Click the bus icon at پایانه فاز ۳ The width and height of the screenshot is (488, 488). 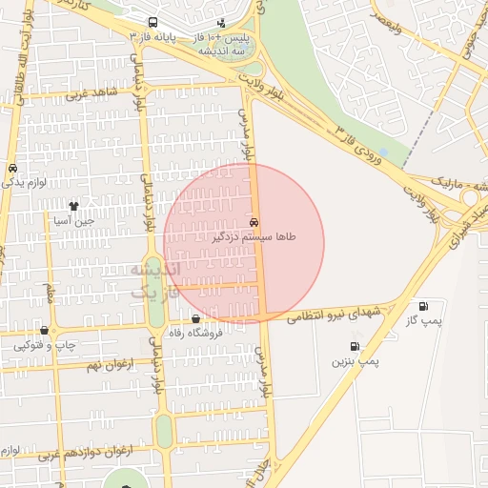coord(153,21)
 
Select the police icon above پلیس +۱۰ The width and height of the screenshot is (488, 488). coord(222,21)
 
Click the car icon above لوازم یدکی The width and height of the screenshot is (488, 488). coord(12,168)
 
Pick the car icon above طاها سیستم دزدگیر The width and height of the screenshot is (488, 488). coord(253,221)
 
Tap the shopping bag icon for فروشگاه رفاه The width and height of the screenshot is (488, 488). coord(195,319)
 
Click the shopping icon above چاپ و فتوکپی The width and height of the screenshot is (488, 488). coord(44,330)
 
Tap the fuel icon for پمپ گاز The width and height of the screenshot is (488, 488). coord(422,307)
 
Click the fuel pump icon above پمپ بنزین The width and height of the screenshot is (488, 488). coord(355,347)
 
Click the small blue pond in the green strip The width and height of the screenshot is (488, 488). coord(384,152)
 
